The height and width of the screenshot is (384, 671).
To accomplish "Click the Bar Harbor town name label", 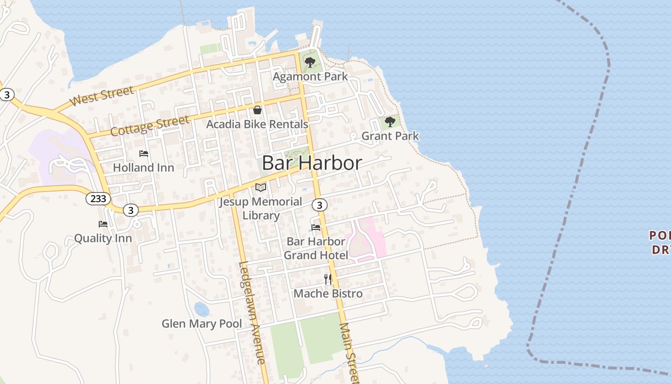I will click(312, 163).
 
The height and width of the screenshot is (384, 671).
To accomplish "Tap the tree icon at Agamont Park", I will click(310, 62).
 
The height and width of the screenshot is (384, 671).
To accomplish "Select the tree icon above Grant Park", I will click(390, 121).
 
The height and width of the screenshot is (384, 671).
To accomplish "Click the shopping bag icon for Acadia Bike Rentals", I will click(257, 110).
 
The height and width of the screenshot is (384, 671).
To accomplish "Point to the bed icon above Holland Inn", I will click(144, 154).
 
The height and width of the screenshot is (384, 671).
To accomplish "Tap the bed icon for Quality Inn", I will click(103, 224).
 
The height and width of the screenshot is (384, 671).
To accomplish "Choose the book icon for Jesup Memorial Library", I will click(261, 187).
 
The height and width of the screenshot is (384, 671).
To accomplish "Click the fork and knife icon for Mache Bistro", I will click(328, 279).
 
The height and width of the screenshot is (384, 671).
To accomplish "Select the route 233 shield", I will click(98, 198).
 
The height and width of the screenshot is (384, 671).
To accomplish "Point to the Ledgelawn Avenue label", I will click(252, 312).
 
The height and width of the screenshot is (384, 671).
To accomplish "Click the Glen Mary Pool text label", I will click(202, 324).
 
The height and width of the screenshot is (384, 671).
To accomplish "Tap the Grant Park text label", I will click(390, 136).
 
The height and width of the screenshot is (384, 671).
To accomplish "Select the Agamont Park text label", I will click(310, 76).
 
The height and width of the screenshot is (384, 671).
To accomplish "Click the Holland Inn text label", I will click(143, 168).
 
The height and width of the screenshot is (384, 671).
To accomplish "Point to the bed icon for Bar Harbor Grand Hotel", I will click(316, 227).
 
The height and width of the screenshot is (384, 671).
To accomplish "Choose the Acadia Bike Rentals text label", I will click(257, 124).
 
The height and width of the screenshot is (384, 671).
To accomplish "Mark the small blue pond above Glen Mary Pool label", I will click(201, 309).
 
